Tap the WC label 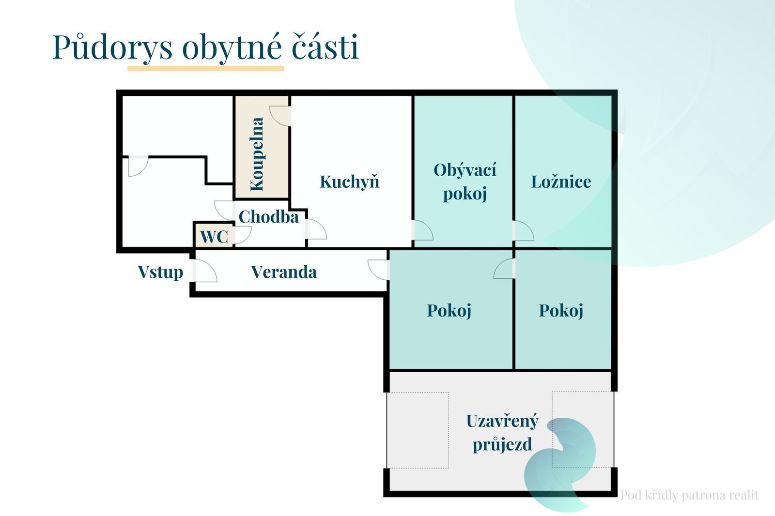[x=214, y=237]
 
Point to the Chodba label [x=268, y=217]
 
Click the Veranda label [x=284, y=272]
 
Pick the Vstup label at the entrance [x=160, y=272]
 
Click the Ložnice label [x=561, y=182]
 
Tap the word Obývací [x=465, y=170]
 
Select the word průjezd [x=502, y=444]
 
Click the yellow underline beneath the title [x=206, y=68]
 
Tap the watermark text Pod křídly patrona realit [x=690, y=495]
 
